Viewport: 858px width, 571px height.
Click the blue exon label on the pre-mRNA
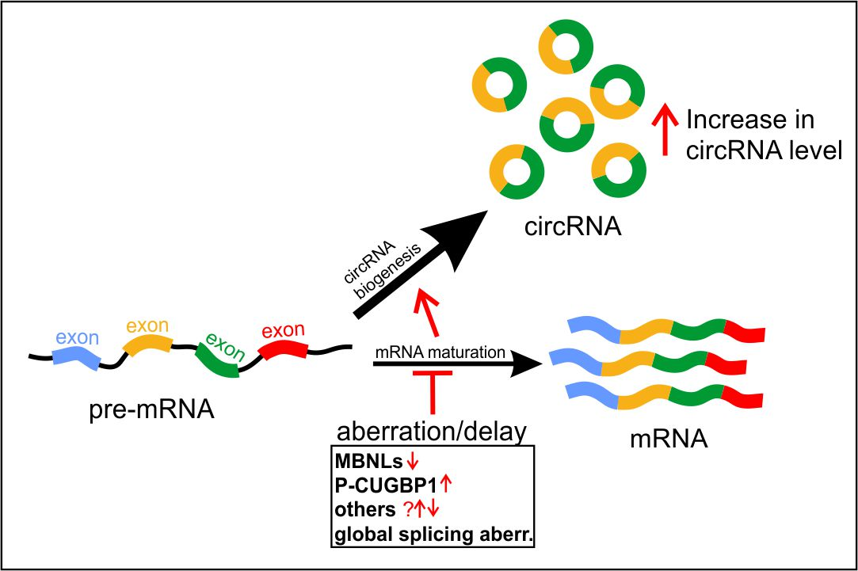pos(77,338)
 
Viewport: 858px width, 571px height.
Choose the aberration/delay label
pos(431,432)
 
